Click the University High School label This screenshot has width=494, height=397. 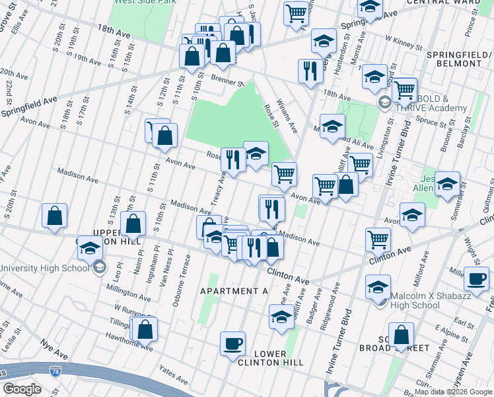44,268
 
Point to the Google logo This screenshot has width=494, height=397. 22,389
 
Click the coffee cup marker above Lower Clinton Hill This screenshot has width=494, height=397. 232,343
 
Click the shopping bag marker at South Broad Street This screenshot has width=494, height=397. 401,335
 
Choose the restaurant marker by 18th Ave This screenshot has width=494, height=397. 310,70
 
